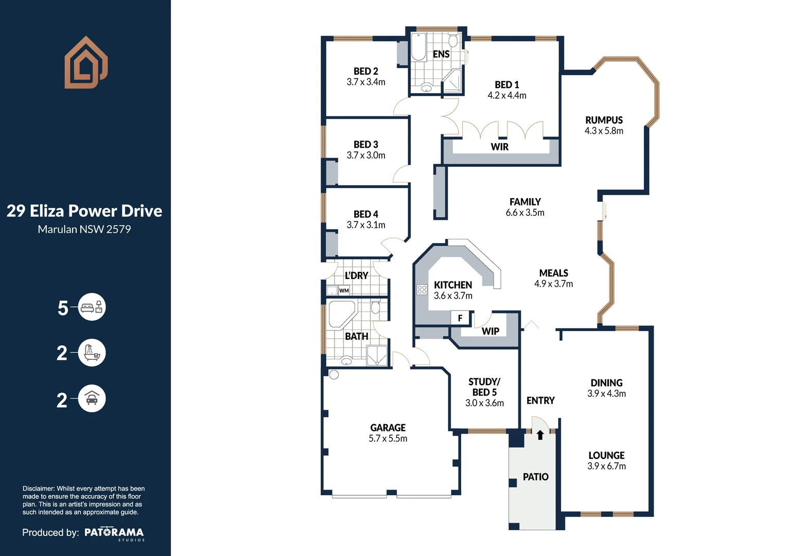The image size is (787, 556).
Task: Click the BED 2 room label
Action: (365, 71)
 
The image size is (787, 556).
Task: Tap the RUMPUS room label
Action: (604, 120)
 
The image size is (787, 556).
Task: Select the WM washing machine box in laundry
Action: (344, 291)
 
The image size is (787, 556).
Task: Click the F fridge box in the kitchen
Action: (460, 318)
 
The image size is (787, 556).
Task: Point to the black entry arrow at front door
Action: (540, 435)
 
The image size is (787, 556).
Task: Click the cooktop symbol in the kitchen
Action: (422, 289)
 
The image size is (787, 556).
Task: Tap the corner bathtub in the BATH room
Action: (341, 315)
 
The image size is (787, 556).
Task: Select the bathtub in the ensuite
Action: (418, 47)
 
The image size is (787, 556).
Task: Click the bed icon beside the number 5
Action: (92, 307)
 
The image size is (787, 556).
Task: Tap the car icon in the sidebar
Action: (92, 398)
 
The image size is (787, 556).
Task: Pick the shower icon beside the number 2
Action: (92, 353)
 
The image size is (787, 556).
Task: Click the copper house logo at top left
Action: (86, 62)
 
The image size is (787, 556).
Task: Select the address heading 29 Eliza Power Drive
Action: (84, 211)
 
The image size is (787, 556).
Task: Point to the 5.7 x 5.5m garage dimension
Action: (388, 439)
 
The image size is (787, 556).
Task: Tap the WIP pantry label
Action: (490, 331)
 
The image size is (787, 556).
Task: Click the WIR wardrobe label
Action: (499, 147)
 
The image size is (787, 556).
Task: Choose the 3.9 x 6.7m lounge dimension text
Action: (606, 466)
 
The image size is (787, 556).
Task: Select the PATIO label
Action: (535, 477)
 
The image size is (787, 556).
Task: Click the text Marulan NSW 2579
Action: (84, 230)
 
